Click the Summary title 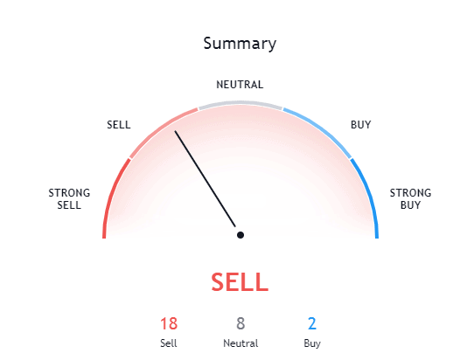240,44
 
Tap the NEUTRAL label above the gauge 240,85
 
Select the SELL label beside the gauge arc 119,125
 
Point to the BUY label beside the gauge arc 361,125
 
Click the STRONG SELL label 69,199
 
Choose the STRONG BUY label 410,199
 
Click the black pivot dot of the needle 240,235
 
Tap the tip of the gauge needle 175,131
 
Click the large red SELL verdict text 240,282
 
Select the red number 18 169,323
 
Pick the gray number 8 240,323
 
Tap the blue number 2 312,323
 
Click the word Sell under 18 169,343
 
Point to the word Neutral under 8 240,343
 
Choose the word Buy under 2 312,344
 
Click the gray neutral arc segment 240,102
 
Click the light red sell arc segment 160,129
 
